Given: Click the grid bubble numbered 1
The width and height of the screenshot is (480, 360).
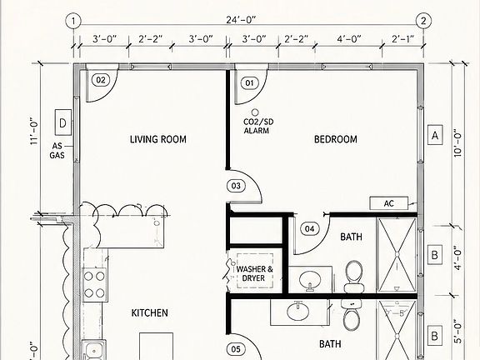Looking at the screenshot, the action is (73, 21).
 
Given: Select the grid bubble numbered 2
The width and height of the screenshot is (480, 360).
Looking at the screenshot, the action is (423, 21).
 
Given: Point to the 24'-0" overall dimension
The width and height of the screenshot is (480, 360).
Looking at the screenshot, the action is (241, 20).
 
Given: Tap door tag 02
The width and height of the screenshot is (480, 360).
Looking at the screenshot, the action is (101, 80).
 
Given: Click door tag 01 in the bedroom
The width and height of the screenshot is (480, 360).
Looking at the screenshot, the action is (249, 83).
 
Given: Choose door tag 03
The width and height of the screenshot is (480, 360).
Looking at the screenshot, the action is (236, 186).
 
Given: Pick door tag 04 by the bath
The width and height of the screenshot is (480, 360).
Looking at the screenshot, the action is (309, 228).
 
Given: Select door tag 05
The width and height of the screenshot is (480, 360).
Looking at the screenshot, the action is (236, 349).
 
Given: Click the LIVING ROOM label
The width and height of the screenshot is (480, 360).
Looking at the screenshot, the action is (158, 140).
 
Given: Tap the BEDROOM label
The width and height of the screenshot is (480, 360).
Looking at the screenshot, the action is (336, 139).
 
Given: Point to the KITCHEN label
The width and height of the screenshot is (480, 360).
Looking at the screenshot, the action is (150, 312).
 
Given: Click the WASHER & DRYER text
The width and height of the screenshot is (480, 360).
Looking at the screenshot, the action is (254, 273).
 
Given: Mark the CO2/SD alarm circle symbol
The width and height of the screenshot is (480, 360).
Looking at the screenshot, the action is (255, 112).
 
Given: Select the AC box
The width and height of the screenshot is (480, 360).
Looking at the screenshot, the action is (389, 203).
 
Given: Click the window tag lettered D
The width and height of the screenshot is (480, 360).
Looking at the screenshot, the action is (63, 122).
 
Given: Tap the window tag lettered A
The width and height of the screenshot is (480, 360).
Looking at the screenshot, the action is (435, 135).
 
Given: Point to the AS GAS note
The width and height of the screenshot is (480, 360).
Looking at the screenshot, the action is (57, 151).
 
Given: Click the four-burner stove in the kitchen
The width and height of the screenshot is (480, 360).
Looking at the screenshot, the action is (94, 285).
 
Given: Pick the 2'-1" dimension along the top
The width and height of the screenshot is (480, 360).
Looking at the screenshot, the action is (402, 39).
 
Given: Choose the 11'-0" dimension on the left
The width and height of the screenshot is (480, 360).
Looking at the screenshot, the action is (34, 131).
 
